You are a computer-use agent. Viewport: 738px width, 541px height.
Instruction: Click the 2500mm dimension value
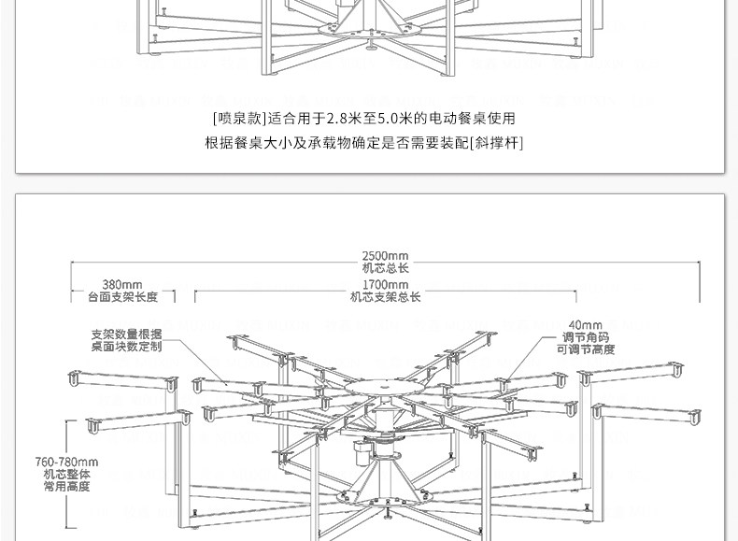click(385, 256)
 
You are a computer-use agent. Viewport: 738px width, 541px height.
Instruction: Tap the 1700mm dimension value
click(385, 285)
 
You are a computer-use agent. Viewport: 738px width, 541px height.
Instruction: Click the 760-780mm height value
click(66, 462)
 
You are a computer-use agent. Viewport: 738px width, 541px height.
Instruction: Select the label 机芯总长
click(385, 268)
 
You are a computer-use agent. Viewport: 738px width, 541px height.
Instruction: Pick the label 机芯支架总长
click(385, 297)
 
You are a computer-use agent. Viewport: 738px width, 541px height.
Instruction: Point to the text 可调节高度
click(586, 349)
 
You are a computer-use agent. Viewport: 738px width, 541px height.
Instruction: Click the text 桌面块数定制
click(126, 346)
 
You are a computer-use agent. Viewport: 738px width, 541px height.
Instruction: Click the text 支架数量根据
click(126, 334)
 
